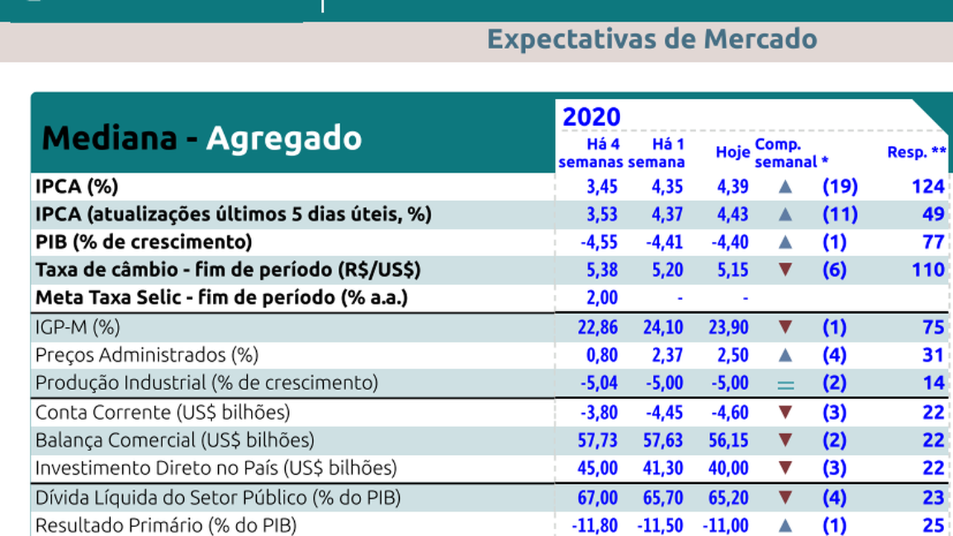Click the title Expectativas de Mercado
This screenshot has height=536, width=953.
point(651,39)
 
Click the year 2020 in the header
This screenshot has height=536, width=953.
point(591,117)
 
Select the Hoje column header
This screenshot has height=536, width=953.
point(733,153)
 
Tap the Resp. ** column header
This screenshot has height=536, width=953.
point(917,153)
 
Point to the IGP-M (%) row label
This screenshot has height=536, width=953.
point(77,327)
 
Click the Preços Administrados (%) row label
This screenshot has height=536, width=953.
point(147,355)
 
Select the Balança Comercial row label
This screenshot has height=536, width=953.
point(175,440)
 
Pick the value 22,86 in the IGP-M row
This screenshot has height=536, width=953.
point(597,327)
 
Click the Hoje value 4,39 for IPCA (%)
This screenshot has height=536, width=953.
point(733,186)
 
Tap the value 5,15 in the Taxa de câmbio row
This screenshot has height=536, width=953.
point(733,269)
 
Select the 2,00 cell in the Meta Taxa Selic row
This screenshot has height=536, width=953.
point(602,298)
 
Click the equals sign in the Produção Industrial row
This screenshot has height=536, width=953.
point(785,384)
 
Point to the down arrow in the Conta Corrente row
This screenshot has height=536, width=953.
point(785,412)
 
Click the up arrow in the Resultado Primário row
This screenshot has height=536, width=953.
point(785,526)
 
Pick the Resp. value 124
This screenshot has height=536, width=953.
point(928,186)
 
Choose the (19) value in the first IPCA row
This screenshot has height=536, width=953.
point(840,186)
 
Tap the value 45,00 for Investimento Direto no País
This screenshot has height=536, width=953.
point(597,468)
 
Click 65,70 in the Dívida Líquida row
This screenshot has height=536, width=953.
point(663,497)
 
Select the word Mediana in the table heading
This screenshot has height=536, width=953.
point(109,138)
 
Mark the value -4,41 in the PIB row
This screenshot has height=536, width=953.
point(663,242)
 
